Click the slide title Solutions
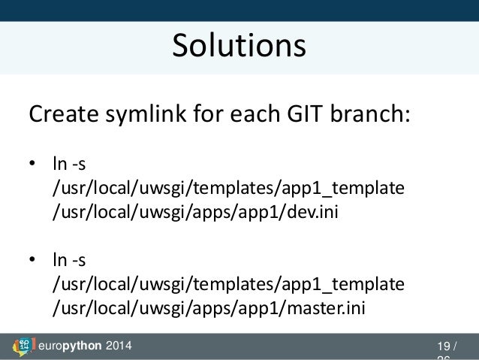click(239, 47)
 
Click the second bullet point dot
click(32, 262)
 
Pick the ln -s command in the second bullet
click(68, 261)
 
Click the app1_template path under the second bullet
click(227, 285)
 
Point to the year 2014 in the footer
click(119, 346)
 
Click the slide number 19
click(442, 346)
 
